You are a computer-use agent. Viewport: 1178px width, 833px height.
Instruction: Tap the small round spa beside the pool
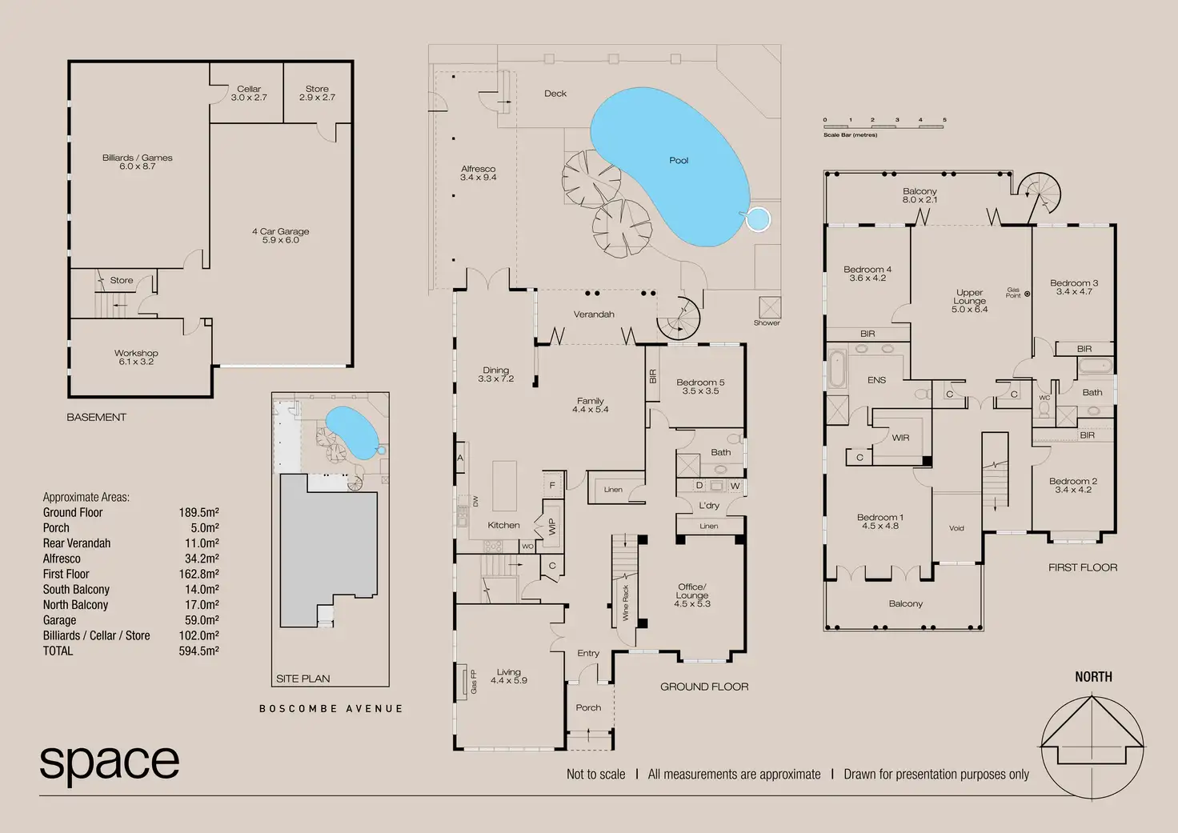coord(757,218)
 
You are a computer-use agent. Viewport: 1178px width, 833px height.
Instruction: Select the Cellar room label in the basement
coord(249,93)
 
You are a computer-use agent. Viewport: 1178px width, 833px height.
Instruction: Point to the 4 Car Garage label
coord(280,235)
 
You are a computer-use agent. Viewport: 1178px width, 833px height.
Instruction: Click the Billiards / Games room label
coord(138,162)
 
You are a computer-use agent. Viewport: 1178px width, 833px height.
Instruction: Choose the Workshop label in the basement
coord(136,357)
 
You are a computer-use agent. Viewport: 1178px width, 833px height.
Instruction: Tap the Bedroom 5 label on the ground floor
coord(700,386)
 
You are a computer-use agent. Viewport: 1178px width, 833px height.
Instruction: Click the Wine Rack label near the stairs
coord(626,603)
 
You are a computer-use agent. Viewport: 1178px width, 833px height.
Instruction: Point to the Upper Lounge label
coord(969,301)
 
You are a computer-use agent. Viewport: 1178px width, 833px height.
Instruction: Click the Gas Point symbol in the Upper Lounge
coord(1027,294)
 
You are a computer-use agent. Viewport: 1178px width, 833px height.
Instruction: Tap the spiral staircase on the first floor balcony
coord(1042,194)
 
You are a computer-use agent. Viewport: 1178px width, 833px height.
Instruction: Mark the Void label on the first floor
coord(956,528)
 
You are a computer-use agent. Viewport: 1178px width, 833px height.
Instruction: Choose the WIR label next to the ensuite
coord(900,438)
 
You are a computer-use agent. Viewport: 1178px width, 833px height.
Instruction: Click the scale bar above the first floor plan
coord(883,126)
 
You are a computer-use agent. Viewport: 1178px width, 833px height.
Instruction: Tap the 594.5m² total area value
coord(198,651)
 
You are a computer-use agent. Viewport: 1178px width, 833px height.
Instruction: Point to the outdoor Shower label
coord(766,323)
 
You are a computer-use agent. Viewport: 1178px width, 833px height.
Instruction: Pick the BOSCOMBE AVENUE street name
coord(331,709)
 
